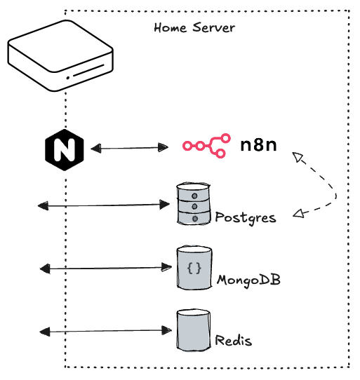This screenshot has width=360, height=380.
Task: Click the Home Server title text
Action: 194,28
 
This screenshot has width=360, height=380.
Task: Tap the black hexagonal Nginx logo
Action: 64,149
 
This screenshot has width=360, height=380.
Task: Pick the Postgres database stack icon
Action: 193,204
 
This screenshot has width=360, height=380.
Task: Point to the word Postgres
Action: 246,217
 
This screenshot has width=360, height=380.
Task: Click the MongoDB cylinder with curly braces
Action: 194,268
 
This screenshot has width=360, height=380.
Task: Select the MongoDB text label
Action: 248,280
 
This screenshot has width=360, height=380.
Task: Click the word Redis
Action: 234,341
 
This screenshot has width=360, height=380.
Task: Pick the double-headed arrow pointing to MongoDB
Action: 105,268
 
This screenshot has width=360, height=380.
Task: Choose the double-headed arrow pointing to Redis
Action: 105,330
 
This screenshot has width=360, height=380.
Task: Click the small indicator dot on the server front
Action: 67,78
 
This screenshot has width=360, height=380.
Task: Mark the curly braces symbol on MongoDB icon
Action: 194,268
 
